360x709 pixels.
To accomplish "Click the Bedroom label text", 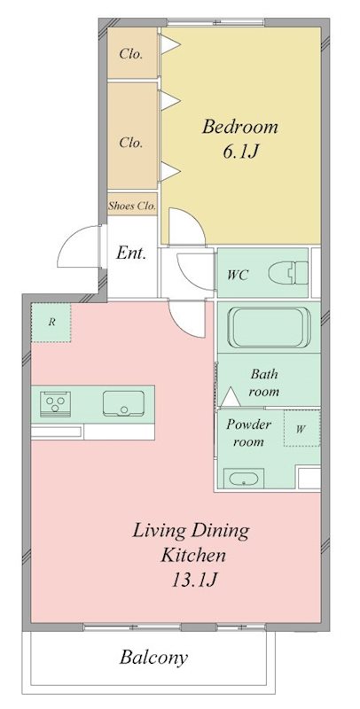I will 239,126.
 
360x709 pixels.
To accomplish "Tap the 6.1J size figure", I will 239,151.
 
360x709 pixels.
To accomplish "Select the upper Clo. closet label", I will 131,53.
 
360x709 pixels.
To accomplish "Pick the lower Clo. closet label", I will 131,140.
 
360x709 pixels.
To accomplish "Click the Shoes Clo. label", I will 132,206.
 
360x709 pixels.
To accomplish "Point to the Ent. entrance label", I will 130,253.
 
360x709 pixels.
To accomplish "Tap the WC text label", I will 237,275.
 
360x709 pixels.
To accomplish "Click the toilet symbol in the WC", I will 286,273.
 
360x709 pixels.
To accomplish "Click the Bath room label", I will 264,382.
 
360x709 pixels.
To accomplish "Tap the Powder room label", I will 248,432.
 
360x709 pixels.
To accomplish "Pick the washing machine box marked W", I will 301,430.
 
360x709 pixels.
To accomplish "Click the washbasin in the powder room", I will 240,479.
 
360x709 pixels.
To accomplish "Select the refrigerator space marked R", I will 51,323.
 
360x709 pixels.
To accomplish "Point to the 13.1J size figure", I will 191,580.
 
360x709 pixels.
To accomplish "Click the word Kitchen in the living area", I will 192,556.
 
